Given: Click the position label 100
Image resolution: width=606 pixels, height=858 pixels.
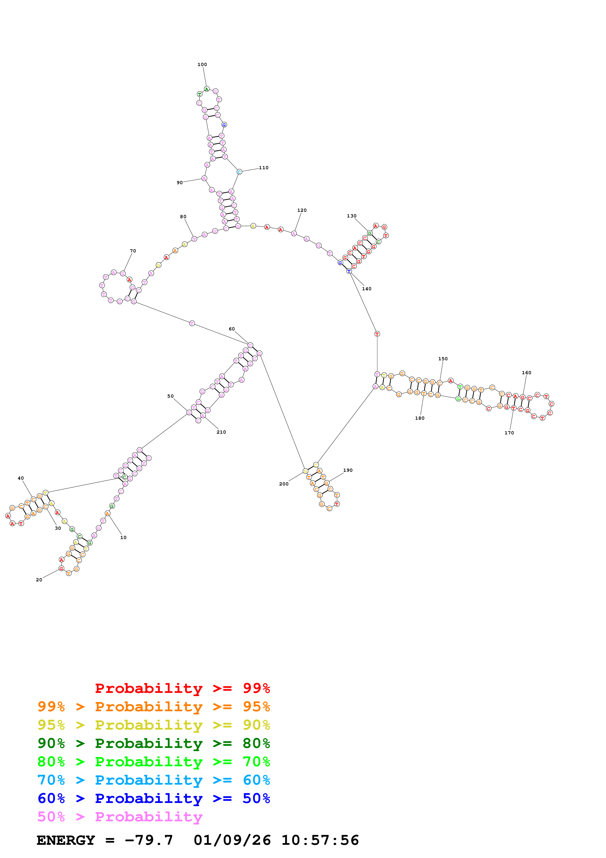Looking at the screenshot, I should pos(202,65).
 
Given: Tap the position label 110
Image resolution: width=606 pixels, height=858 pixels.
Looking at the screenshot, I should pos(264,168).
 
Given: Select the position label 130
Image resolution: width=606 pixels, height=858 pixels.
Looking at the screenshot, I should pos(351,216).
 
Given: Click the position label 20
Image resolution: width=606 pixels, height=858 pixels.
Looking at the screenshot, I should pos(39,580).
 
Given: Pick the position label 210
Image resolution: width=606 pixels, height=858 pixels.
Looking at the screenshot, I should pos(221,432).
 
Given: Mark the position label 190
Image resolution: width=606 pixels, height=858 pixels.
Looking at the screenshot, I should pos(348,470).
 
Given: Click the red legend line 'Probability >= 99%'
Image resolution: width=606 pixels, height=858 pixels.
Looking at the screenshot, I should pos(182,688).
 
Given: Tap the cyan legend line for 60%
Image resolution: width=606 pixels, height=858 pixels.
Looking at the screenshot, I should pos(154,780).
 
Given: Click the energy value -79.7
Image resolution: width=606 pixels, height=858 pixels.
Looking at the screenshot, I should pos(149,840).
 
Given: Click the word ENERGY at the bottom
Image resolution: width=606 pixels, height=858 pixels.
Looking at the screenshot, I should pos(66,840).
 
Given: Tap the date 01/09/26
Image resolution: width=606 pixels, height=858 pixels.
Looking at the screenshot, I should pos(232,840).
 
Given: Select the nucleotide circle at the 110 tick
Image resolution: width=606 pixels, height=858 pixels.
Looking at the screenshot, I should pos(239,172).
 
